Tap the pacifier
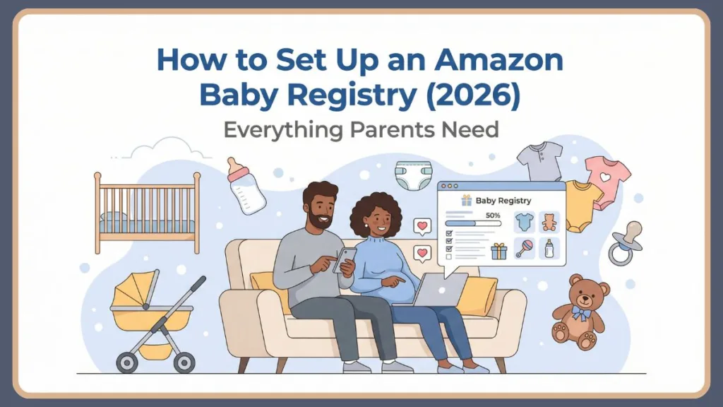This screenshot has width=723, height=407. point(626,243)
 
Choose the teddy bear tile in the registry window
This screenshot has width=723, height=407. point(549,222)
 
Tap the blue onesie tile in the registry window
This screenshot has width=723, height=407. point(523,222)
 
